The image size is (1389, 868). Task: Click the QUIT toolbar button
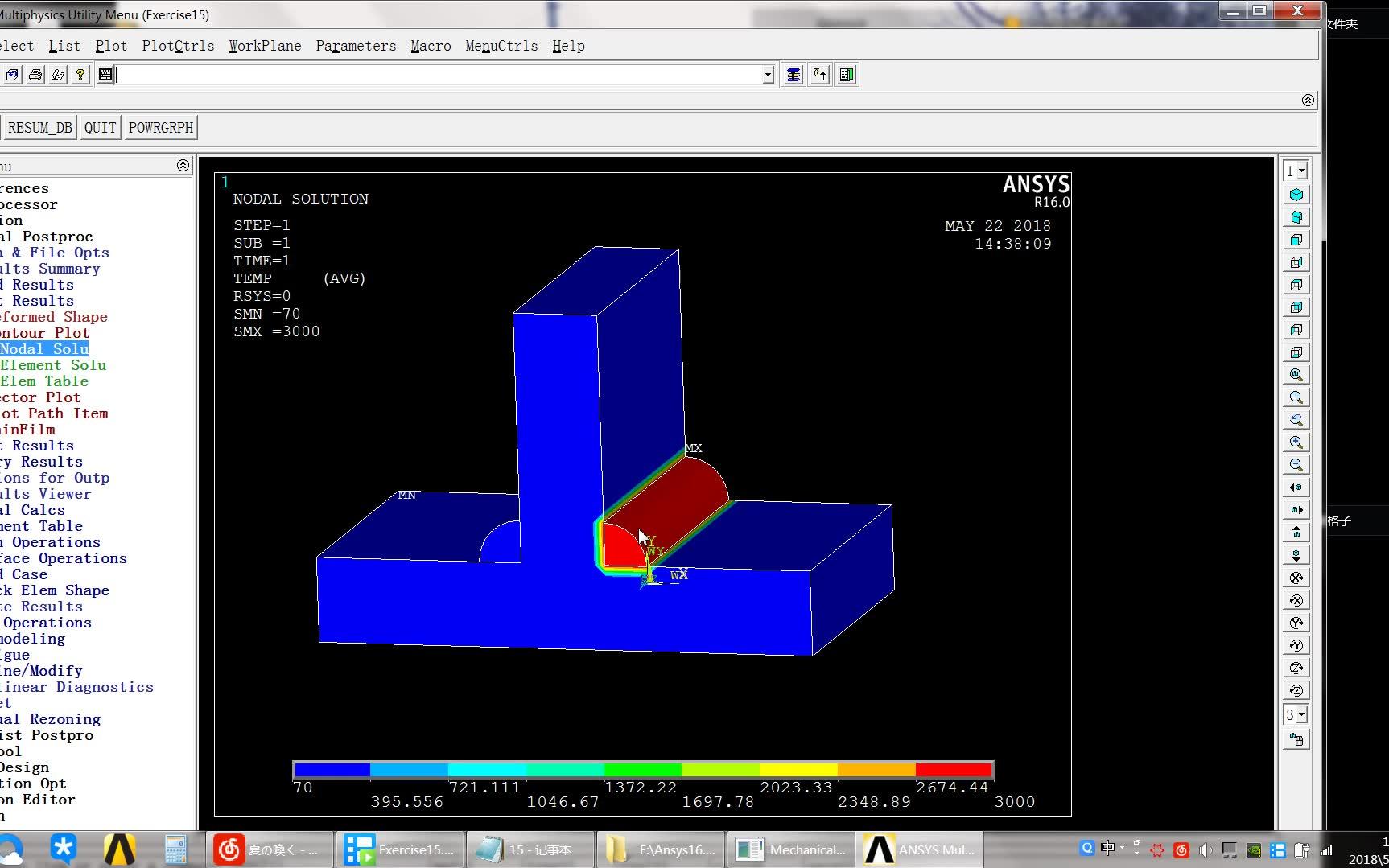(x=100, y=128)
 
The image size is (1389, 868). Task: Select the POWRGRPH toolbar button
(x=161, y=128)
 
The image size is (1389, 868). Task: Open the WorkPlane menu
(x=265, y=46)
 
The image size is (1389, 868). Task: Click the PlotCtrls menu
(x=178, y=46)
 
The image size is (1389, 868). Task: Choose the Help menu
(x=568, y=46)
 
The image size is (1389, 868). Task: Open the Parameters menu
(x=356, y=46)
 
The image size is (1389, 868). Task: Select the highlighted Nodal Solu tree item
(x=44, y=349)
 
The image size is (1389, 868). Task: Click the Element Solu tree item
(x=53, y=365)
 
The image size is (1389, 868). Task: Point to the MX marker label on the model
(x=693, y=448)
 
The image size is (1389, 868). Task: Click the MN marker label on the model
(x=407, y=495)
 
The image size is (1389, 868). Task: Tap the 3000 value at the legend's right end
(x=1014, y=802)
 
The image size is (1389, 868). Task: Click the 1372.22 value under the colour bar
(x=641, y=788)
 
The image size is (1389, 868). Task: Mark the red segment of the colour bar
(x=954, y=770)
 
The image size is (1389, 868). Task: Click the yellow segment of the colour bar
(x=798, y=770)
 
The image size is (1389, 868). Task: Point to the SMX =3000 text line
(x=276, y=331)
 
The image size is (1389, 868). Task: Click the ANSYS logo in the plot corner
(x=1036, y=186)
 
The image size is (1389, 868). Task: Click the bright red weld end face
(x=621, y=546)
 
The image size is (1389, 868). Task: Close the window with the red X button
(x=1296, y=10)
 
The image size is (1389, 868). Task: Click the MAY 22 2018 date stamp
(x=998, y=226)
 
